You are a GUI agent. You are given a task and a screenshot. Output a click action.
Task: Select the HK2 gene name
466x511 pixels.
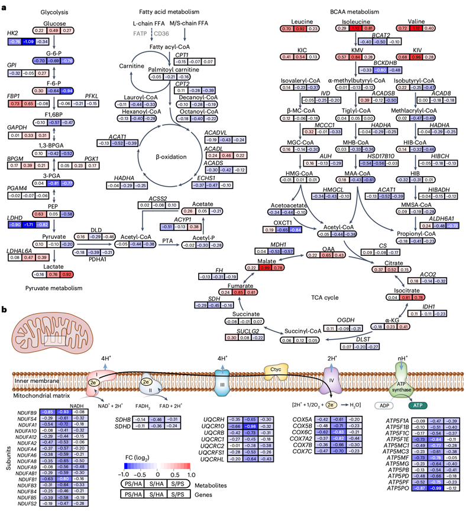(11, 32)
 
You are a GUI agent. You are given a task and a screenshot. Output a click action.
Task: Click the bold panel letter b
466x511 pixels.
(5, 309)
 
